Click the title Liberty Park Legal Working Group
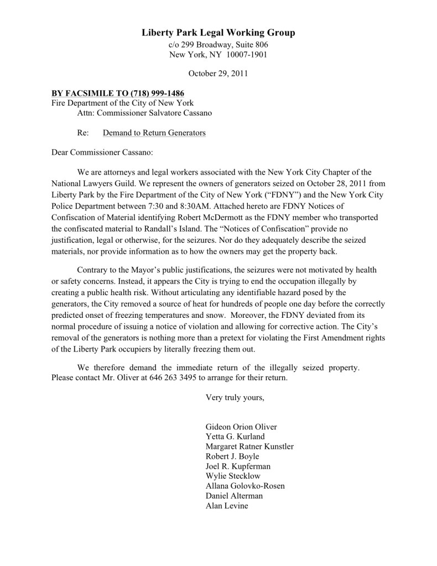(x=218, y=33)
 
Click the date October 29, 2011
(x=218, y=73)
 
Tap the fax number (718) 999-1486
(x=157, y=93)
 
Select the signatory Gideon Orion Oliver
(x=241, y=427)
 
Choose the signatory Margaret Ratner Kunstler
(x=249, y=447)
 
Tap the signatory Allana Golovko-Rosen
(x=245, y=486)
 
